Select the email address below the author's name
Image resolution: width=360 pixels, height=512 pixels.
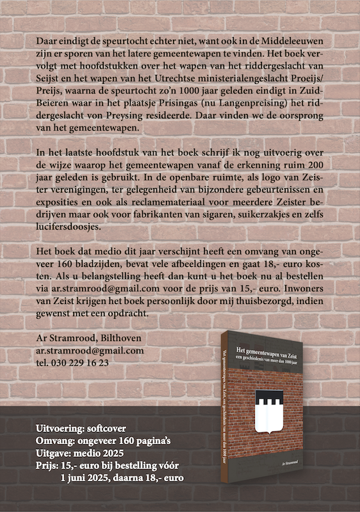pos(90,350)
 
